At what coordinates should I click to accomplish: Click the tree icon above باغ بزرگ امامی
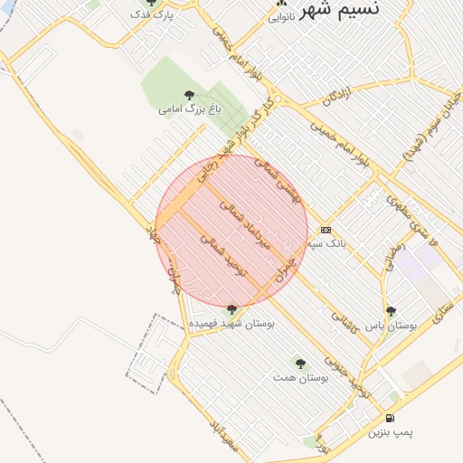tap(188, 94)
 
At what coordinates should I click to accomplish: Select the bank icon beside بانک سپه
tap(326, 230)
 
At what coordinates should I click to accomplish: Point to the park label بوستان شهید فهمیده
tap(232, 322)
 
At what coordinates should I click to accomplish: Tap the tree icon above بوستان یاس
tap(391, 311)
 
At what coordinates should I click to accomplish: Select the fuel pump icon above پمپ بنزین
tap(389, 418)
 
